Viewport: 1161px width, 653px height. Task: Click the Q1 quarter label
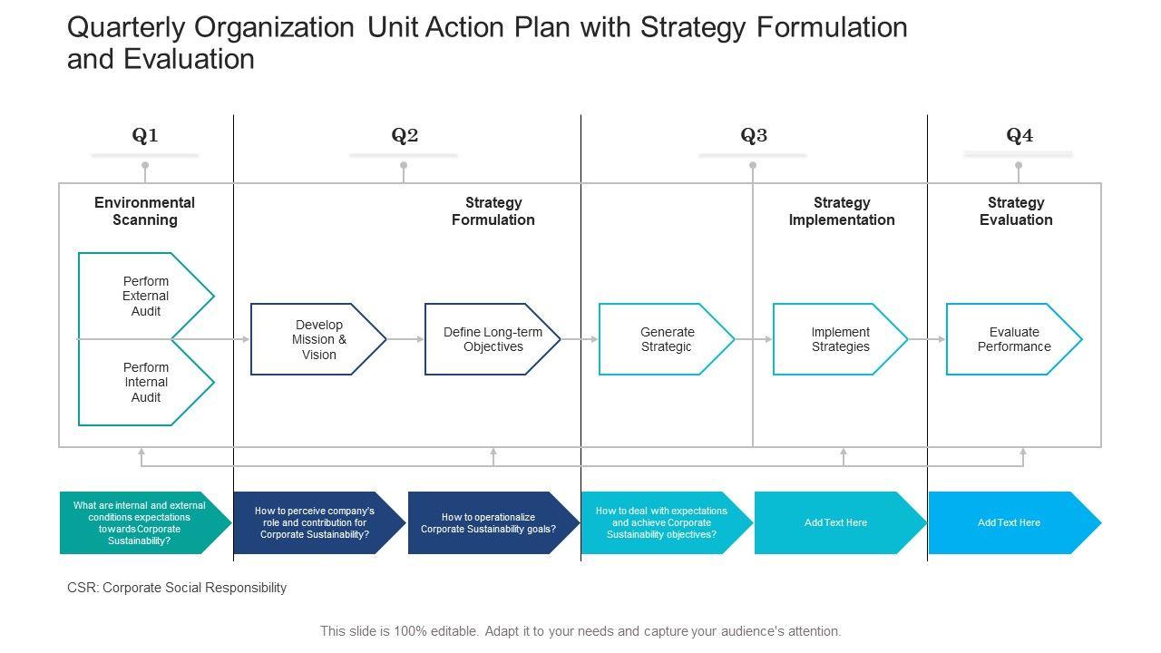[145, 136]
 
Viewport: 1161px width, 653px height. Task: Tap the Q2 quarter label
[405, 136]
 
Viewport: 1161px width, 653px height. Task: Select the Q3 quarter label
[754, 136]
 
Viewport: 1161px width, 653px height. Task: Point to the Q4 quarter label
[1020, 136]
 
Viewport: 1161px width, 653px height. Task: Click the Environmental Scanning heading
[145, 211]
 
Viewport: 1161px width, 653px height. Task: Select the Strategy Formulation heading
[493, 211]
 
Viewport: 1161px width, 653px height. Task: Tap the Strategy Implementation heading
[842, 211]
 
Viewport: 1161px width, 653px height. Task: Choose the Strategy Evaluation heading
[1016, 211]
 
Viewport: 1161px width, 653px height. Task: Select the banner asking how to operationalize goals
[488, 522]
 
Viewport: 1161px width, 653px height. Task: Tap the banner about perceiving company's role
[315, 522]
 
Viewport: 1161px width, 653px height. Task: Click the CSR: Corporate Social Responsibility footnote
[177, 588]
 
